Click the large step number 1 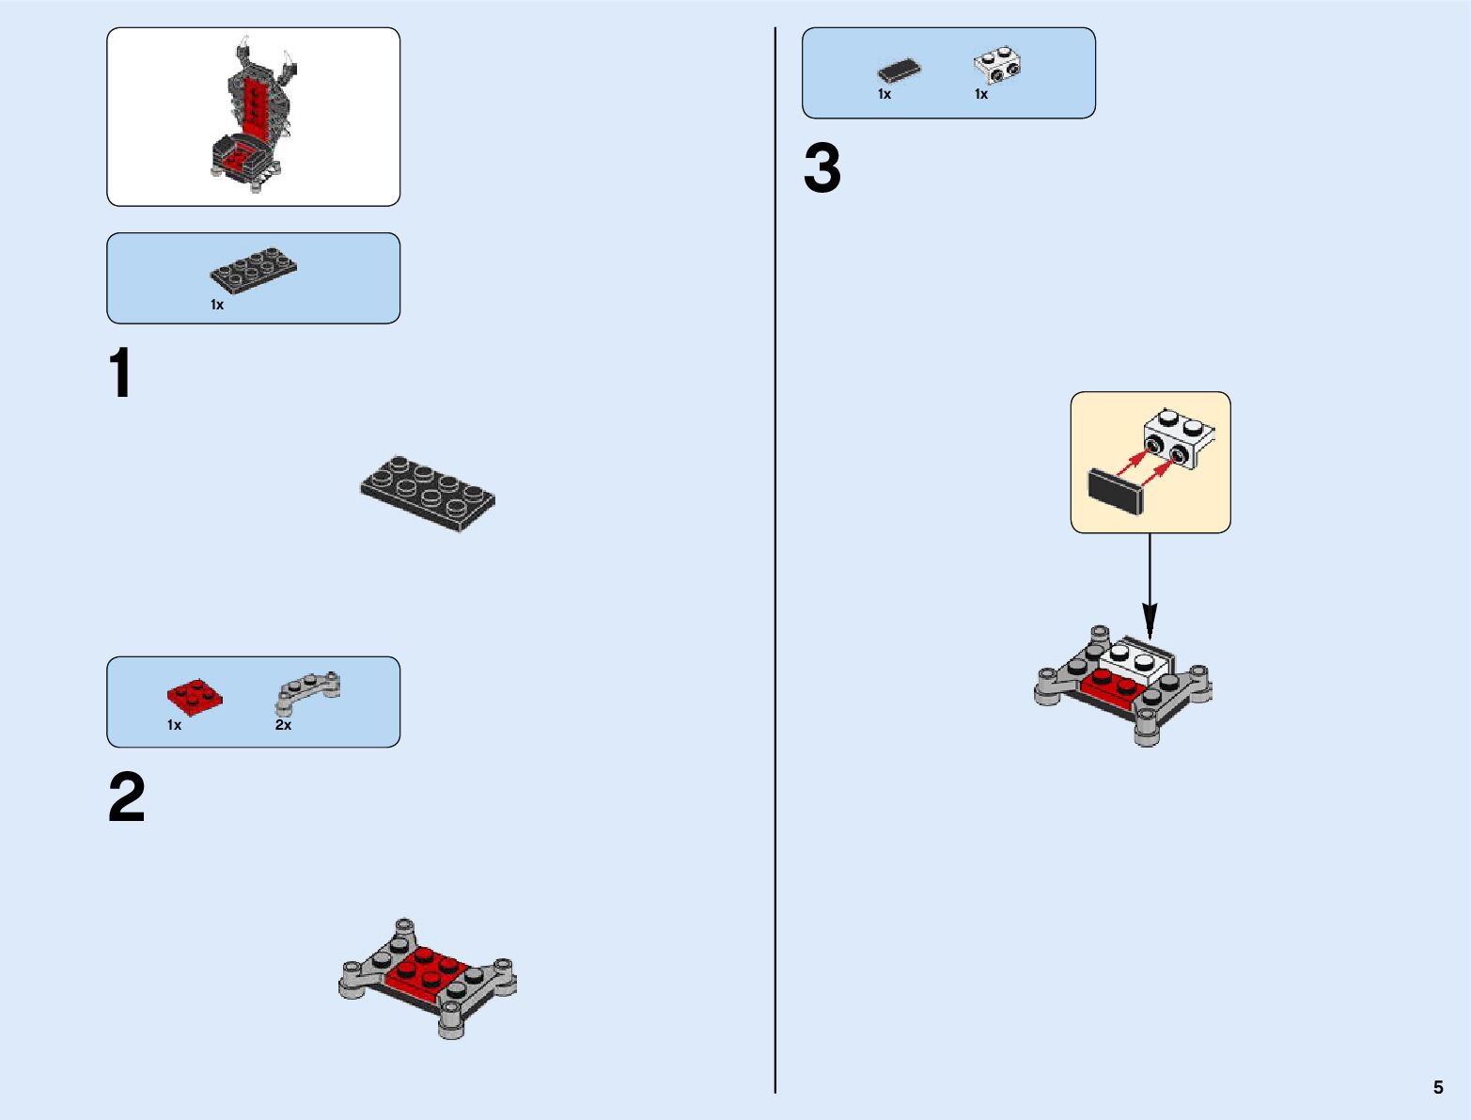120,373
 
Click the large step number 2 127,797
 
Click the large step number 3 822,169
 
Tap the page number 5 1437,1087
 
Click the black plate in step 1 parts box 253,270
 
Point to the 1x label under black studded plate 217,305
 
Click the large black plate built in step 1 428,493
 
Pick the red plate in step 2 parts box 196,697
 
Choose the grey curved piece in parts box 307,691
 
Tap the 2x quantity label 283,725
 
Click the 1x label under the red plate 174,725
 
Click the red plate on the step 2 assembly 428,973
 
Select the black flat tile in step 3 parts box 899,71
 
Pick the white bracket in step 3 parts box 996,65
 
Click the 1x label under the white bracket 981,94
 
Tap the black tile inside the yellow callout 1114,491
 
